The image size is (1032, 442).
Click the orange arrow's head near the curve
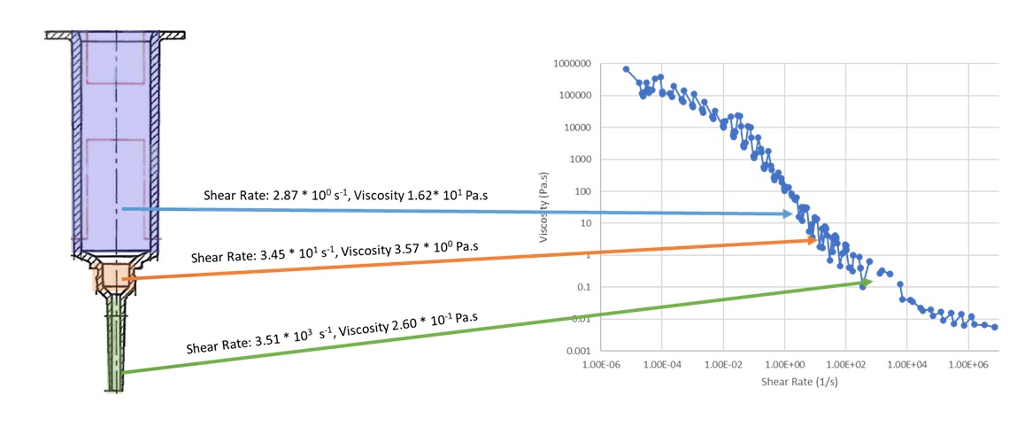[x=815, y=240]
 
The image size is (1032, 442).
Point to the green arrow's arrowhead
[x=870, y=281]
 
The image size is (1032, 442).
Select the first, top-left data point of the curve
[x=626, y=69]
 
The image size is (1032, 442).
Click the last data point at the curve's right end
[x=995, y=327]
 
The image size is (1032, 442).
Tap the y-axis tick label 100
[x=584, y=191]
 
